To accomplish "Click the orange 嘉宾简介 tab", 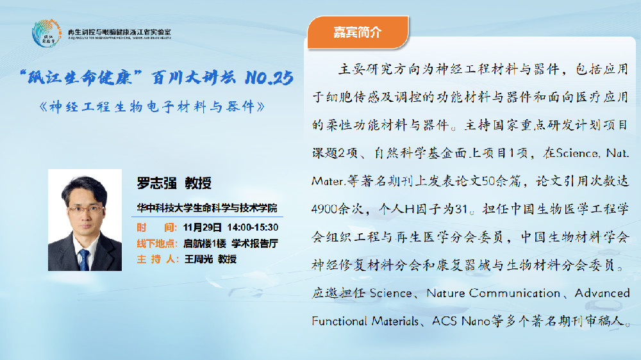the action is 358,32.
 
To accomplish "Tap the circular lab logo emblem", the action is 47,33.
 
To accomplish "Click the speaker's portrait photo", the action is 85,220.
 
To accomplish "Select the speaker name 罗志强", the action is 156,183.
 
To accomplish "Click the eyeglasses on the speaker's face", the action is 85,209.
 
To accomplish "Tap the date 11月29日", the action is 202,227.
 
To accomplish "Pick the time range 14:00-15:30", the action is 253,227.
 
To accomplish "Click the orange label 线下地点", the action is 156,243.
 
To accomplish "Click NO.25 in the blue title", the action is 269,78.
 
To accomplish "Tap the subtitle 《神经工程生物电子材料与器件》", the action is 152,107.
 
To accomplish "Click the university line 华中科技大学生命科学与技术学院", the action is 207,208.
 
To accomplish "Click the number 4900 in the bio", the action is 326,209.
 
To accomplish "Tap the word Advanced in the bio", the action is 602,293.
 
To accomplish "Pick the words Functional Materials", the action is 365,321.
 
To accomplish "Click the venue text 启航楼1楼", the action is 204,243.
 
